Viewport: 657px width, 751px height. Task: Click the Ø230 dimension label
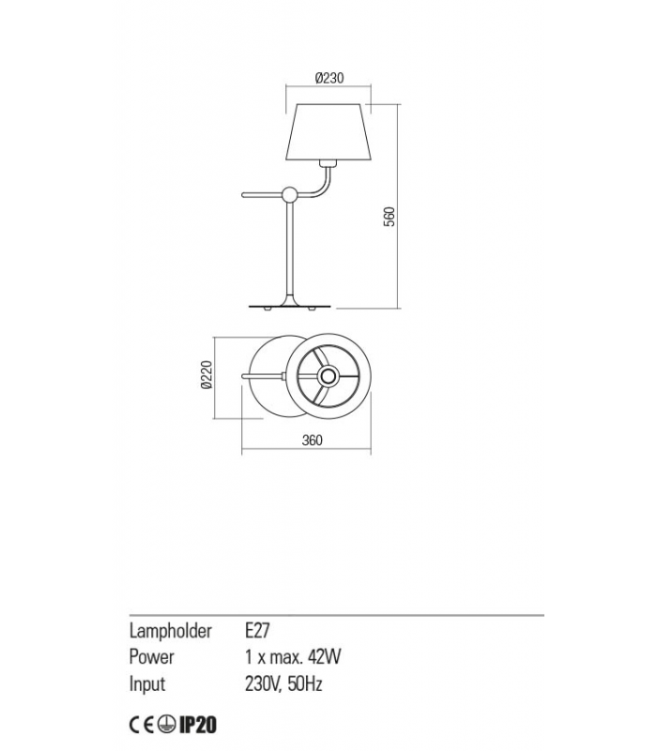pos(329,78)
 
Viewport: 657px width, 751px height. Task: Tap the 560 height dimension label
pos(390,216)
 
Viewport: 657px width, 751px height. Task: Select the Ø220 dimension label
pos(206,375)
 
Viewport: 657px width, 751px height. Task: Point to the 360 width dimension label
pos(313,440)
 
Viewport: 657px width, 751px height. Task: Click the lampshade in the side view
pos(328,131)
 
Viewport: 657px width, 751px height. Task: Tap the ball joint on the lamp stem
pos(290,195)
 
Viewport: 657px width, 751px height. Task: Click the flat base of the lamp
pos(290,307)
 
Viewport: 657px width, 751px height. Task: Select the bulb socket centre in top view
pos(328,376)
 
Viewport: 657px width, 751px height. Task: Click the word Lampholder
pos(171,631)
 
